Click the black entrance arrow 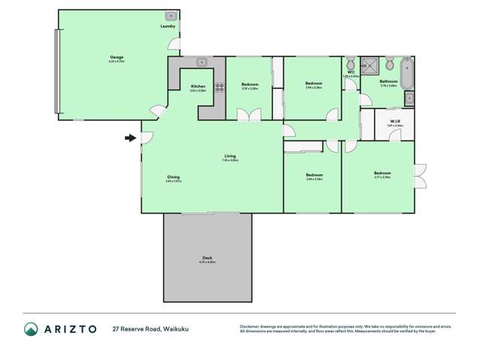(130, 138)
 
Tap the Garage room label (117, 57)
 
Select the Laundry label (168, 26)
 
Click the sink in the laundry (171, 15)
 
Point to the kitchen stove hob (220, 86)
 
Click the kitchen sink (201, 62)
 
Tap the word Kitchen (198, 86)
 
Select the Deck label (207, 258)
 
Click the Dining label (174, 177)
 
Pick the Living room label (229, 156)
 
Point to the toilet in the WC (351, 62)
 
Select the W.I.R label (394, 122)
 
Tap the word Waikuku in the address (175, 328)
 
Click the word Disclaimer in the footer (250, 326)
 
